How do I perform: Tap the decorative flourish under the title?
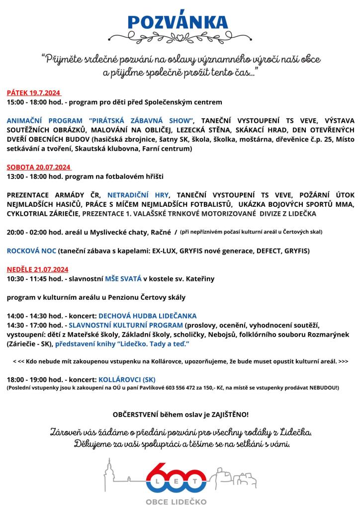coord(178,37)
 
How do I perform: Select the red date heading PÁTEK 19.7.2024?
coord(34,92)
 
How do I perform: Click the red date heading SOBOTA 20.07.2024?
coord(39,167)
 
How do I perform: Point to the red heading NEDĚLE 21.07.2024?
coord(37,269)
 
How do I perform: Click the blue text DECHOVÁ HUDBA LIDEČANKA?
coord(148,316)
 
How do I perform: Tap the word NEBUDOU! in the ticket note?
coord(322,387)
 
